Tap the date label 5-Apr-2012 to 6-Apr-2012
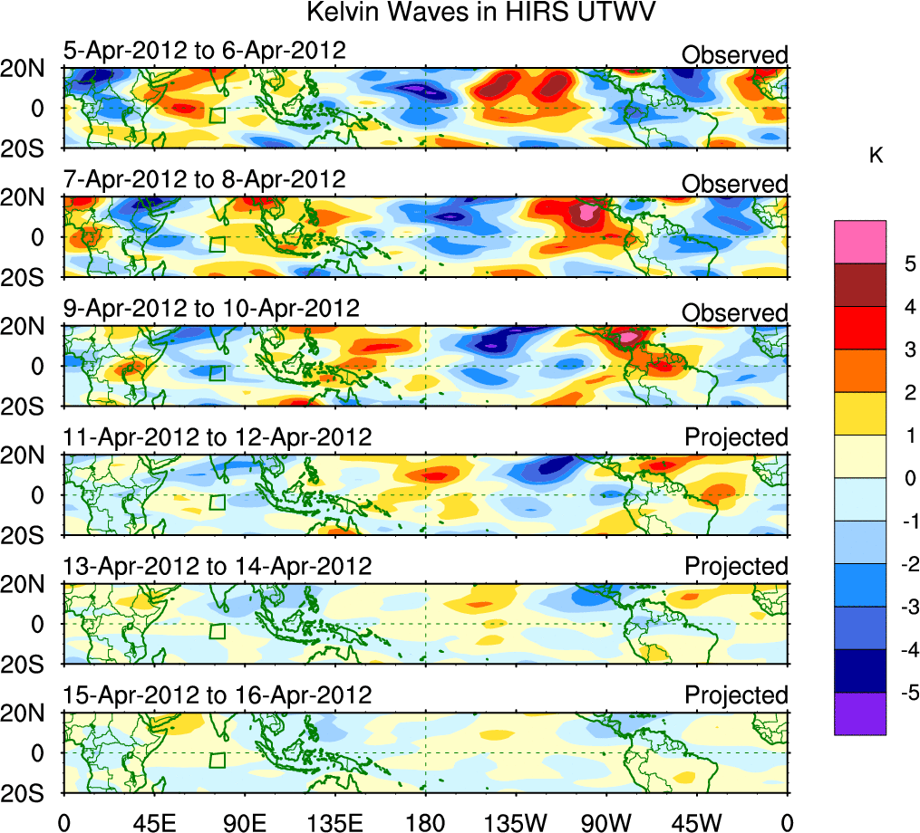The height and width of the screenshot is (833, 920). [x=204, y=50]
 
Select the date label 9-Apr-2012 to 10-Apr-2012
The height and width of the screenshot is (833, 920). [x=211, y=309]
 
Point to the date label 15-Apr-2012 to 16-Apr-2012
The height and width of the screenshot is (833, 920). [x=218, y=695]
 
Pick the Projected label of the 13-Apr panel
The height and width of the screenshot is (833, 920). [x=736, y=567]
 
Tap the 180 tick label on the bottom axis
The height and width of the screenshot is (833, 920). [x=426, y=821]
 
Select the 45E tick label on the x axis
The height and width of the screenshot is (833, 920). [x=153, y=821]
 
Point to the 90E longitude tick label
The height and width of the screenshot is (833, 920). [x=244, y=821]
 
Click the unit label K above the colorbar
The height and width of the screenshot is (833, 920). [x=876, y=156]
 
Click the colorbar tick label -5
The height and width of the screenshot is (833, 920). [x=906, y=694]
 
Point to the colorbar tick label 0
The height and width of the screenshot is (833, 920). [x=906, y=478]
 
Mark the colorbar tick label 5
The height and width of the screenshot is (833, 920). [x=906, y=263]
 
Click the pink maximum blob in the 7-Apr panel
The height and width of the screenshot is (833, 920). [x=589, y=214]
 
